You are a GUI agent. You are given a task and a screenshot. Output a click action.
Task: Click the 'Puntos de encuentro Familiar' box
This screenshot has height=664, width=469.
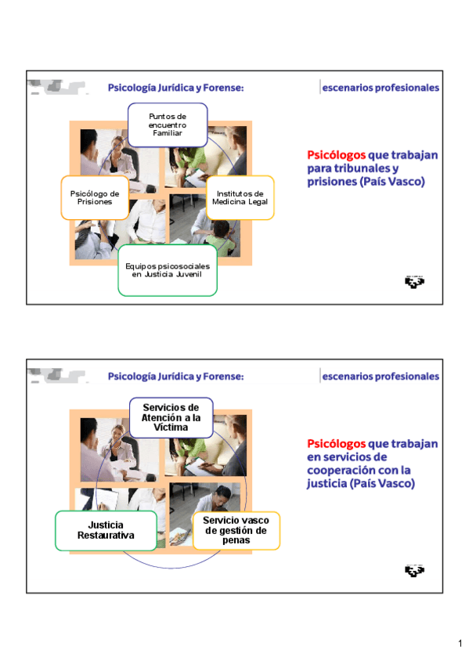(168, 125)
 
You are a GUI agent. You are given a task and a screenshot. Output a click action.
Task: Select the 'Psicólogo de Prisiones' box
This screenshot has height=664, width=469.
(95, 198)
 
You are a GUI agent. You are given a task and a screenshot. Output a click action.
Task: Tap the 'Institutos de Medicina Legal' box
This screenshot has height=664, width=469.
(240, 198)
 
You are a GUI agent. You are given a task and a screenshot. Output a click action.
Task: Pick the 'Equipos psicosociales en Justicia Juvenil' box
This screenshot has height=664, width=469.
(168, 270)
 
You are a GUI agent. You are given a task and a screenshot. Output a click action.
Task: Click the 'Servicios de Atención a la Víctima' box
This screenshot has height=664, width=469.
(171, 417)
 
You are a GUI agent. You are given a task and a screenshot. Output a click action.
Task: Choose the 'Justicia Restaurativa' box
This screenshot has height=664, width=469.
(106, 531)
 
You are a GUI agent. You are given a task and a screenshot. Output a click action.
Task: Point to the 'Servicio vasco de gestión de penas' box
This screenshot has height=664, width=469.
(236, 531)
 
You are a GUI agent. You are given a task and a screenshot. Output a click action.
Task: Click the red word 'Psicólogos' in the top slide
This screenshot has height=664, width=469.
(336, 155)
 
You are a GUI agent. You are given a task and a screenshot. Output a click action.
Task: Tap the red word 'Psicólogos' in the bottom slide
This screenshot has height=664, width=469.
(336, 444)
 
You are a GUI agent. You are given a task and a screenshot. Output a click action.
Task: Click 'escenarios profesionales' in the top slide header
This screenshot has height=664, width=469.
(381, 88)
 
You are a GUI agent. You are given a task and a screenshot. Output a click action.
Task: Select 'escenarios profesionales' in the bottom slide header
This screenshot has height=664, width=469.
(381, 377)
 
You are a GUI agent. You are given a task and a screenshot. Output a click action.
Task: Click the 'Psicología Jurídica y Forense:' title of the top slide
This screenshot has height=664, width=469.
(175, 88)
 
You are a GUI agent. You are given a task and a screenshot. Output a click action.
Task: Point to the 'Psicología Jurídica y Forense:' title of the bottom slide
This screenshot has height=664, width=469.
(175, 377)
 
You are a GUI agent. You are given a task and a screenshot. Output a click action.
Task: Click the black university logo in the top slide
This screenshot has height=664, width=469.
(414, 282)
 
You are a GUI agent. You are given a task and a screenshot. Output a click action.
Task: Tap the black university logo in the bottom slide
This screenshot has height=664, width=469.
(414, 570)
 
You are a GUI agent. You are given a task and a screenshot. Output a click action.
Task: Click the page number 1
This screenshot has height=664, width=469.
(460, 644)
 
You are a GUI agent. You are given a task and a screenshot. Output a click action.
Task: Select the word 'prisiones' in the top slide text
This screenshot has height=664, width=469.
(332, 182)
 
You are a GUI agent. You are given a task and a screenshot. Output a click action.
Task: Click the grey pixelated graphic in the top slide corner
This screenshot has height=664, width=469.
(58, 87)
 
